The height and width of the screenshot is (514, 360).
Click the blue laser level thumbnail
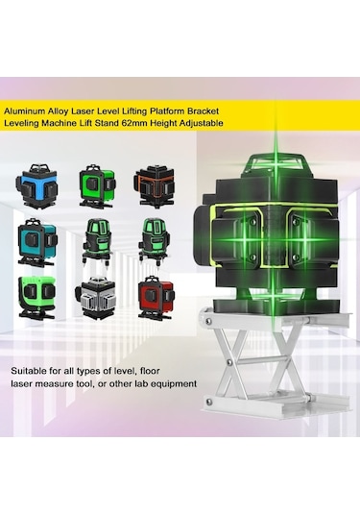click(x=37, y=184)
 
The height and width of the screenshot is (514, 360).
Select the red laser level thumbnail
click(x=156, y=297)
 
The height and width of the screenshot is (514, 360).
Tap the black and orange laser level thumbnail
click(x=154, y=186)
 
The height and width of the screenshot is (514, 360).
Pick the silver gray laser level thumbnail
click(x=95, y=297)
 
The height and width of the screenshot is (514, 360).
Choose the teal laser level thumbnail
click(x=37, y=243)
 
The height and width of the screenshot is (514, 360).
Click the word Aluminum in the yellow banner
click(x=24, y=111)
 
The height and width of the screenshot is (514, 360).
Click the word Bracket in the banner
click(x=203, y=111)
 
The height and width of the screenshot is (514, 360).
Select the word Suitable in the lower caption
click(x=27, y=371)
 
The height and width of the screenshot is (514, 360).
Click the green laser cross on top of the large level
click(x=276, y=161)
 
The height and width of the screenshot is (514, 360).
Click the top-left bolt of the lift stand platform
click(x=208, y=320)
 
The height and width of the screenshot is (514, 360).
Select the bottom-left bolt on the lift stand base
click(x=207, y=401)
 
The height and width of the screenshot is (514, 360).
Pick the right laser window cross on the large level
click(x=304, y=239)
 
